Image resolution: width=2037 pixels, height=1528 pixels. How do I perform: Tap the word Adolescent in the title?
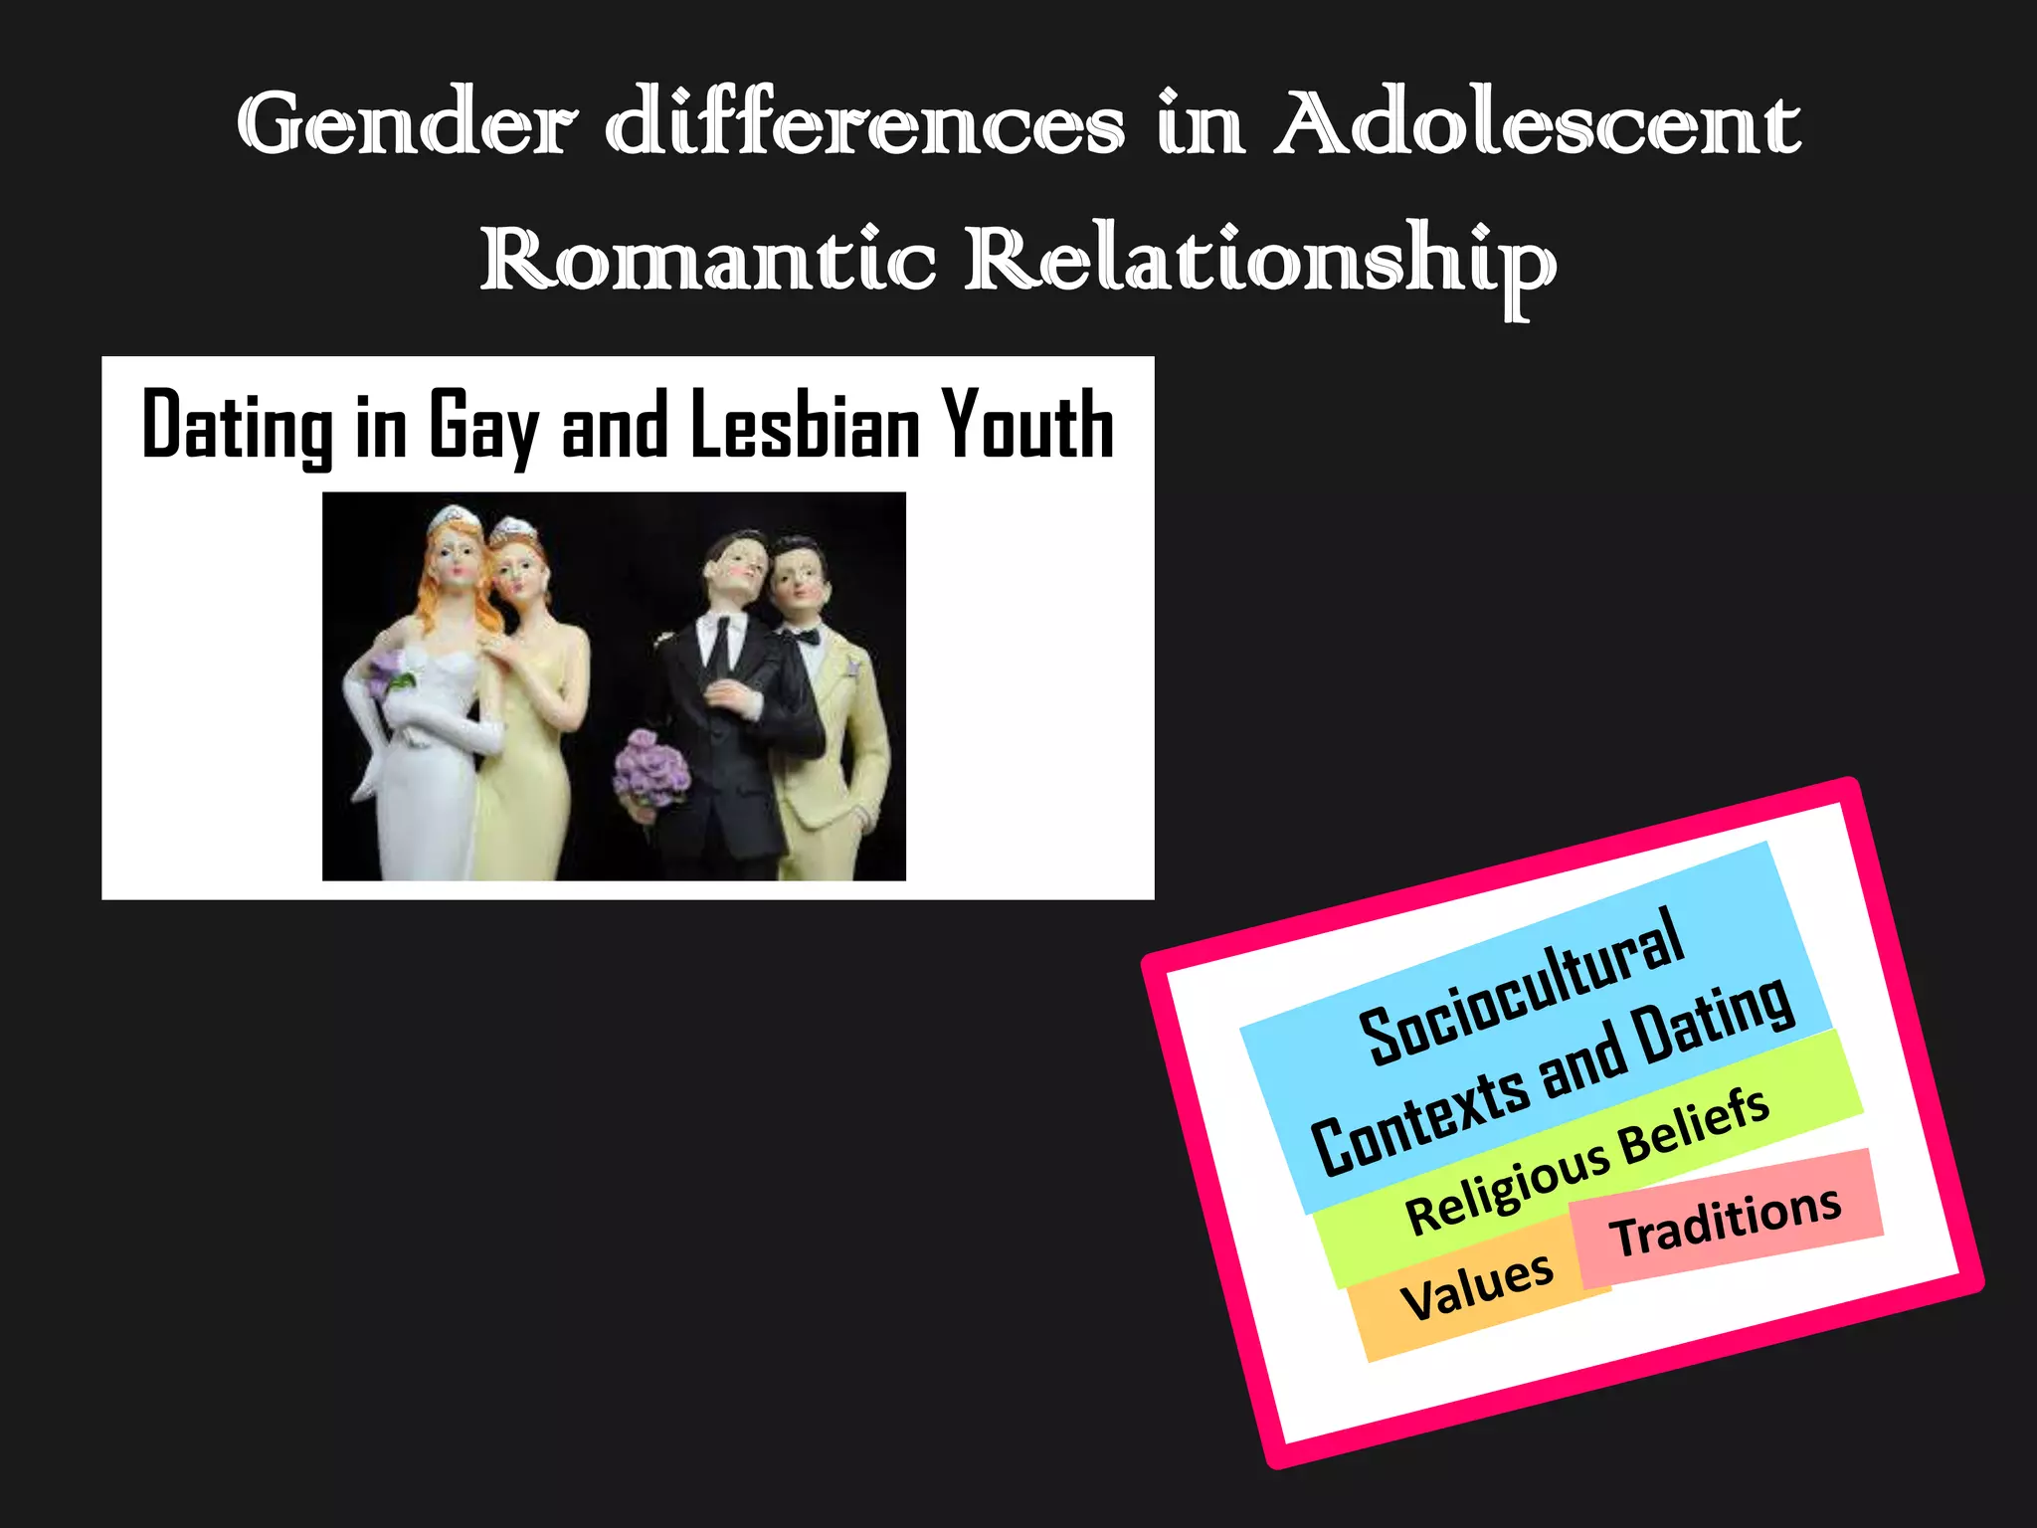coord(1538,124)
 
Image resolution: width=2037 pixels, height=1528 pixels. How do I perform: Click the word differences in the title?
coord(865,124)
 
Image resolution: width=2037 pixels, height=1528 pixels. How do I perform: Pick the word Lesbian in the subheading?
coord(806,426)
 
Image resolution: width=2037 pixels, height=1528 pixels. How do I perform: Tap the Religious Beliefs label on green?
coord(1587,1160)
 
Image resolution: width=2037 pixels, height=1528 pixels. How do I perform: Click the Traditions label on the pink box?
coord(1726,1222)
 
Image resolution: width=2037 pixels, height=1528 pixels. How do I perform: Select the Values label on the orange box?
coord(1476,1286)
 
